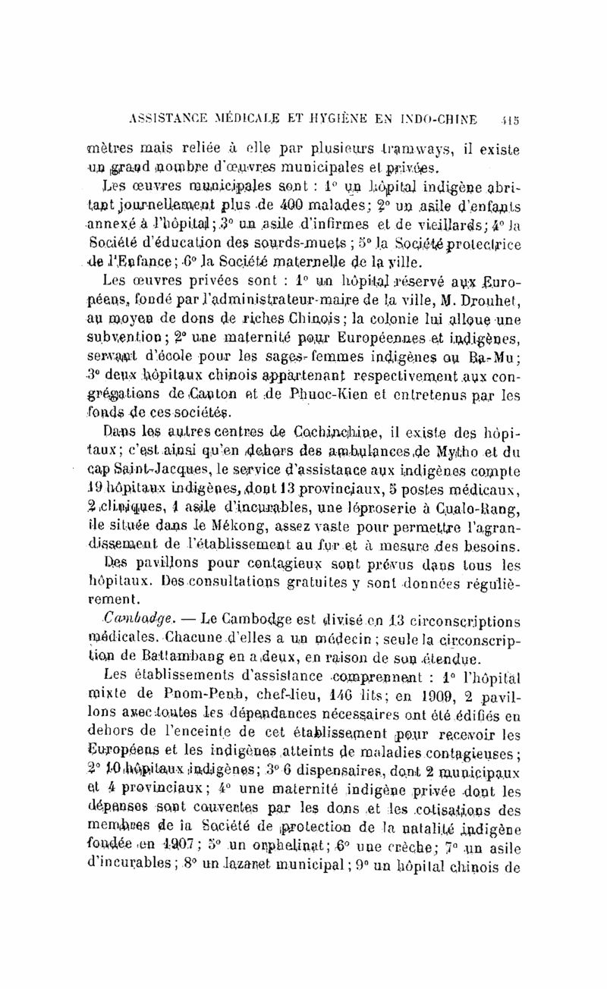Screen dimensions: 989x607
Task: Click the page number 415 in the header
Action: (509, 119)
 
